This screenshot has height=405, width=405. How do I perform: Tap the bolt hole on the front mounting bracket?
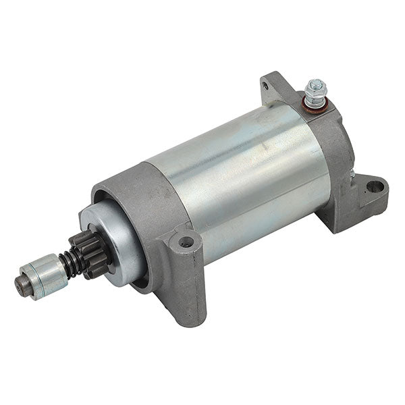187,242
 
